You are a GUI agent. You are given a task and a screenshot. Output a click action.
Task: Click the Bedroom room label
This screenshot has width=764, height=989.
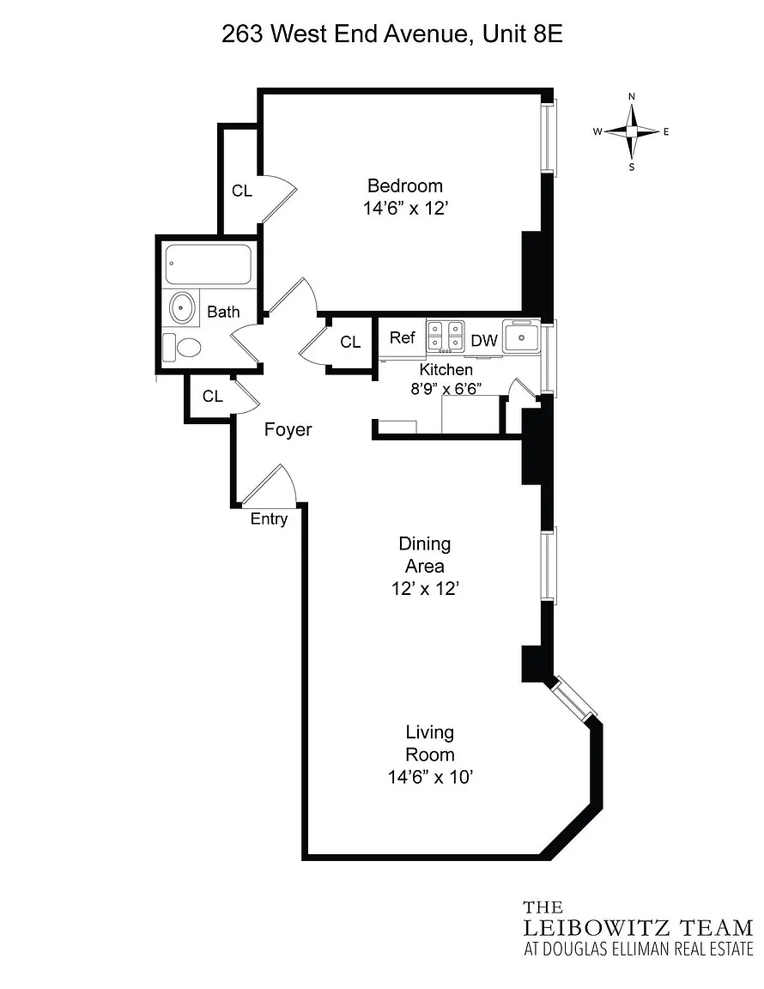[x=405, y=186]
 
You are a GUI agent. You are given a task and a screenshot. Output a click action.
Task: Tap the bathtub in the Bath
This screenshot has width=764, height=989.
[x=209, y=264]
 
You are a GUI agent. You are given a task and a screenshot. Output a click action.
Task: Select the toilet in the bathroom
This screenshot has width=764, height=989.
[x=182, y=347]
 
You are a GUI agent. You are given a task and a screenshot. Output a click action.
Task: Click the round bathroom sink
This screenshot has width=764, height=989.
[x=182, y=308]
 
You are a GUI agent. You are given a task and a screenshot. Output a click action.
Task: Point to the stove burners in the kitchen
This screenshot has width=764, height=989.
[x=446, y=337]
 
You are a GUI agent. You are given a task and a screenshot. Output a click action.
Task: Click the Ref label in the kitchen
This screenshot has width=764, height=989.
[x=402, y=337]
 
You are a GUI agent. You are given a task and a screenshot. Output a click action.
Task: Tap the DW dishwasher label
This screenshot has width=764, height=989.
[x=484, y=341]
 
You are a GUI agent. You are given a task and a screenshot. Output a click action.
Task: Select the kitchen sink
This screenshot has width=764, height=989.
[x=521, y=337]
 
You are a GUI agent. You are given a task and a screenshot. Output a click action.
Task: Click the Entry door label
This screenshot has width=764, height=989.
[x=269, y=519]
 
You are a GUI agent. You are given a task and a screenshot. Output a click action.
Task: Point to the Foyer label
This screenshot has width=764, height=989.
[x=288, y=429]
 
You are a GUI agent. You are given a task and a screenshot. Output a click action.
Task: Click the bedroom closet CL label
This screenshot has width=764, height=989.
[x=241, y=191]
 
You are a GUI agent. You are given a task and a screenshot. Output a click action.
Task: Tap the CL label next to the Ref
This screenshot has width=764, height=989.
[x=350, y=342]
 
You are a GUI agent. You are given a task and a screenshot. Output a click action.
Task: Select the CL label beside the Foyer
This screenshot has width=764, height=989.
[x=213, y=396]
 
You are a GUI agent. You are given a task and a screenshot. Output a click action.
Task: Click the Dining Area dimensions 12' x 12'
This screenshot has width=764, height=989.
[x=425, y=588]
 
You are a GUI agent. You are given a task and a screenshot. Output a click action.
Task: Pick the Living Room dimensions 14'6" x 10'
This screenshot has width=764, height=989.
[x=430, y=777]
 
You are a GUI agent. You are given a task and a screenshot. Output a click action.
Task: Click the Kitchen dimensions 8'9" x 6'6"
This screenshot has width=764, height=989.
[x=446, y=389]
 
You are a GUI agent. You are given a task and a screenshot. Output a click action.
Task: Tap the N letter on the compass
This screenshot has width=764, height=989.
[x=632, y=96]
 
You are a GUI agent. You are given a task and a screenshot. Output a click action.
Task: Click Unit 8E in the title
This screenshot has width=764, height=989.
[x=523, y=33]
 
